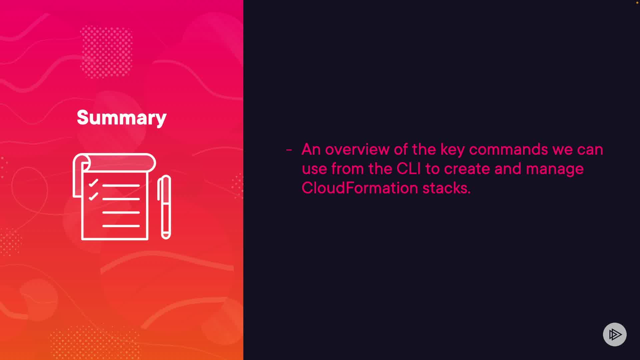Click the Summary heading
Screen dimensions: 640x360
coord(122,118)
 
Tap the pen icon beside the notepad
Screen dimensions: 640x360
coord(164,207)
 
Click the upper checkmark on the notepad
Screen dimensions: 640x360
coord(93,183)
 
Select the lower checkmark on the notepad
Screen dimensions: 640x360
coord(93,196)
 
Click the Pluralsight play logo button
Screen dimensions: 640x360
coord(615,334)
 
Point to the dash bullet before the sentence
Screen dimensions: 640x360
coord(289,150)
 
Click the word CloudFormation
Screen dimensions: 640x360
coord(360,188)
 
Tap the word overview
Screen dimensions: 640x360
coord(357,149)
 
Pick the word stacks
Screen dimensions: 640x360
coord(446,188)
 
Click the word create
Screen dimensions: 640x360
coord(467,169)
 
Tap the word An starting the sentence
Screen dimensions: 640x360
coord(311,149)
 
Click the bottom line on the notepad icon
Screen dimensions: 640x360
coord(121,226)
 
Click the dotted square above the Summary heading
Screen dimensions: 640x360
coord(106,52)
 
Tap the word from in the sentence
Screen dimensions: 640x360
coord(347,169)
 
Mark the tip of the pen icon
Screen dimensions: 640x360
coord(166,237)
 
